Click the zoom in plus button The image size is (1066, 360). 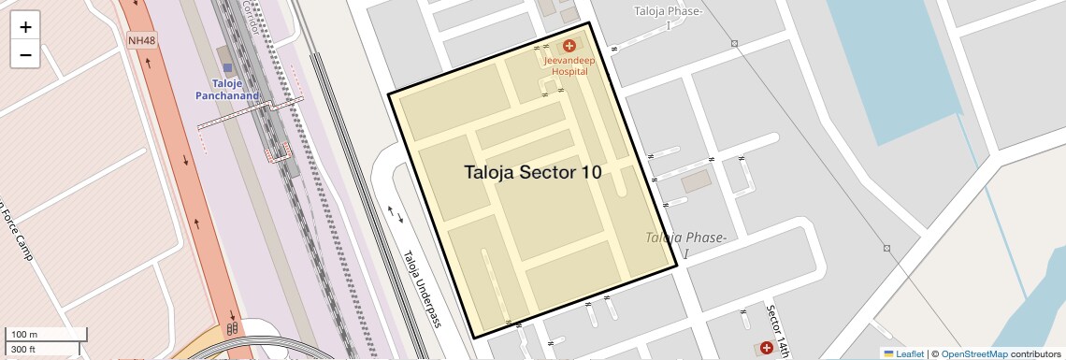pyautogui.click(x=25, y=27)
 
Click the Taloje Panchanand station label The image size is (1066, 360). pyautogui.click(x=226, y=89)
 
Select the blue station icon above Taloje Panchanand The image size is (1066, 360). pyautogui.click(x=226, y=68)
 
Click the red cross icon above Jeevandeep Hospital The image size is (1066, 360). pyautogui.click(x=569, y=46)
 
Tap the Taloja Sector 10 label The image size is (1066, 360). pyautogui.click(x=533, y=172)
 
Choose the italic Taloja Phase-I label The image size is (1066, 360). pyautogui.click(x=686, y=245)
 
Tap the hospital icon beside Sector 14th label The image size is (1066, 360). pyautogui.click(x=767, y=348)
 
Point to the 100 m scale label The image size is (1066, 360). pyautogui.click(x=24, y=335)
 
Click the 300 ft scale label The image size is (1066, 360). pyautogui.click(x=24, y=349)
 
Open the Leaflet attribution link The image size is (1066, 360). pyautogui.click(x=910, y=353)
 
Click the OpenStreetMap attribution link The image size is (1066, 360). pyautogui.click(x=973, y=353)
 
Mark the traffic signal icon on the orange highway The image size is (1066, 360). pyautogui.click(x=230, y=328)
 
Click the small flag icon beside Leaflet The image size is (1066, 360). pyautogui.click(x=888, y=353)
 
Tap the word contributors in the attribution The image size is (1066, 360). pyautogui.click(x=1036, y=353)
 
